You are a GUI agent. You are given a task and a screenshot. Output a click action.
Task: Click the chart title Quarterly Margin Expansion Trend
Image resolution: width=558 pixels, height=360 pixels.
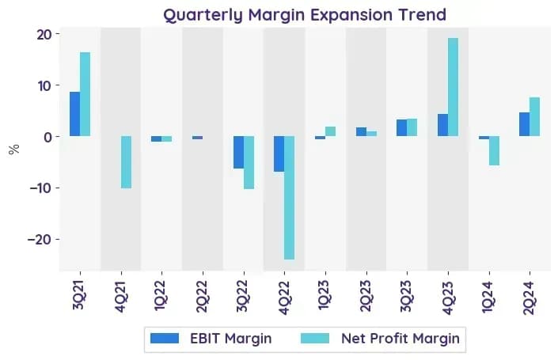(x=305, y=15)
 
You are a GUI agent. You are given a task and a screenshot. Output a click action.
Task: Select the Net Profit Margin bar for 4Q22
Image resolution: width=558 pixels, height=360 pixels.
(x=290, y=198)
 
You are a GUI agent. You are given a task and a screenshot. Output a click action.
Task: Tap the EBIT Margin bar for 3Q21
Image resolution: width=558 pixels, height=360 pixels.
(x=74, y=114)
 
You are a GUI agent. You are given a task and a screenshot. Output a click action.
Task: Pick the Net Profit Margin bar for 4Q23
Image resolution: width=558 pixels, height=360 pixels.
(x=453, y=87)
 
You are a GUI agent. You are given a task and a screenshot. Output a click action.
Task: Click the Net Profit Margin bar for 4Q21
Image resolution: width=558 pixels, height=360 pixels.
(x=127, y=162)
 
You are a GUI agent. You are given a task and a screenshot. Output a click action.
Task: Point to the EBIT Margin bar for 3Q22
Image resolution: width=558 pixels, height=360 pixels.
(x=238, y=152)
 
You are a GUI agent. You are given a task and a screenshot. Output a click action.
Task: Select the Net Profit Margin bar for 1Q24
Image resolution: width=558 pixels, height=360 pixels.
(x=494, y=150)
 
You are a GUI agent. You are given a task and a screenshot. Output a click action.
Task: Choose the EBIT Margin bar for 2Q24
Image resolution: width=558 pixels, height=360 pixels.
(x=525, y=124)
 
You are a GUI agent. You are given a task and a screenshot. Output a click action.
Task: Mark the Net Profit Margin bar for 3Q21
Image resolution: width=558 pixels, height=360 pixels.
(x=85, y=94)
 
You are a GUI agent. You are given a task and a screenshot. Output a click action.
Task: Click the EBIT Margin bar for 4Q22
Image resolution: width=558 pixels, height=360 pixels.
(x=279, y=153)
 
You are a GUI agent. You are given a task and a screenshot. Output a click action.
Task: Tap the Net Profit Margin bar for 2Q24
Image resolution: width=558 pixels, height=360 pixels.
(x=535, y=116)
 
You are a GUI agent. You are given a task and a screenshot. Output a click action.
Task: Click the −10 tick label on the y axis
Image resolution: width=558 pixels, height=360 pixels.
(x=41, y=188)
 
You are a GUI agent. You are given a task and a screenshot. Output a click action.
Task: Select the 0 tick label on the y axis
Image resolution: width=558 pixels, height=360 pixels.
(x=48, y=137)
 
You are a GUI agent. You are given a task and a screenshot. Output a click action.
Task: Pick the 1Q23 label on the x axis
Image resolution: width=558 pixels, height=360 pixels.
(x=325, y=295)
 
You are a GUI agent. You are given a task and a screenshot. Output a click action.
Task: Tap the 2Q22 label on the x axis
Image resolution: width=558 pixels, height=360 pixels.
(x=202, y=297)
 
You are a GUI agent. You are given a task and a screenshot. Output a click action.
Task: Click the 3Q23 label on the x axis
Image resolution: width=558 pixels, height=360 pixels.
(x=406, y=296)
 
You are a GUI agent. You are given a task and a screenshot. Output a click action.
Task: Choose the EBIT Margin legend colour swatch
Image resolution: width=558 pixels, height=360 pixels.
(x=165, y=339)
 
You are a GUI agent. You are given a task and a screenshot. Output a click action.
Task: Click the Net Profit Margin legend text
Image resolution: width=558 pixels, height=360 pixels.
(x=400, y=339)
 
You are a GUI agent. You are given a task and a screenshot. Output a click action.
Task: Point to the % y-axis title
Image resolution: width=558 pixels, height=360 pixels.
(x=14, y=150)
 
